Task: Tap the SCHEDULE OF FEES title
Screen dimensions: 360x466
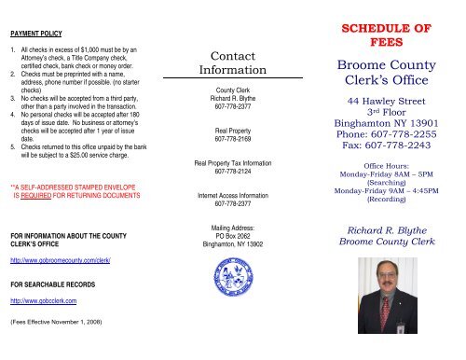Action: pyautogui.click(x=385, y=35)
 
